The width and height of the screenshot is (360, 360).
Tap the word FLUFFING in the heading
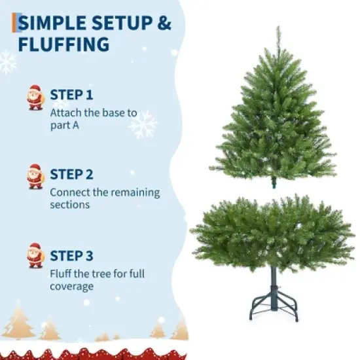coord(64,45)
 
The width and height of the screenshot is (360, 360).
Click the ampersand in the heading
coord(164,24)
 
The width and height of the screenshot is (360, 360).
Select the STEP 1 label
coord(71,94)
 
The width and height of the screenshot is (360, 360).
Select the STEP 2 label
coord(71,174)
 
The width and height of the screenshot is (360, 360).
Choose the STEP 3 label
coord(71,255)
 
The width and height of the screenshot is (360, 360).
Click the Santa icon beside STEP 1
coord(35,98)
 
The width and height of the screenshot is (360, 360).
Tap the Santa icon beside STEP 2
coord(35,177)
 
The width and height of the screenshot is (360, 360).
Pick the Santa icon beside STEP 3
coord(35,255)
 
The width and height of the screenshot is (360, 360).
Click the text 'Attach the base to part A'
coord(94,118)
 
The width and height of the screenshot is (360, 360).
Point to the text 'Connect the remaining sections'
coord(105,198)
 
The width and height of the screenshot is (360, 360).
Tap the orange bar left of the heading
coord(14,23)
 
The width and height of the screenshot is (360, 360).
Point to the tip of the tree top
coord(278,28)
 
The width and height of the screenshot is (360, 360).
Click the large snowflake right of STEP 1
coord(143,124)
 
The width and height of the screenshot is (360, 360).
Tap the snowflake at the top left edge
coord(7,62)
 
